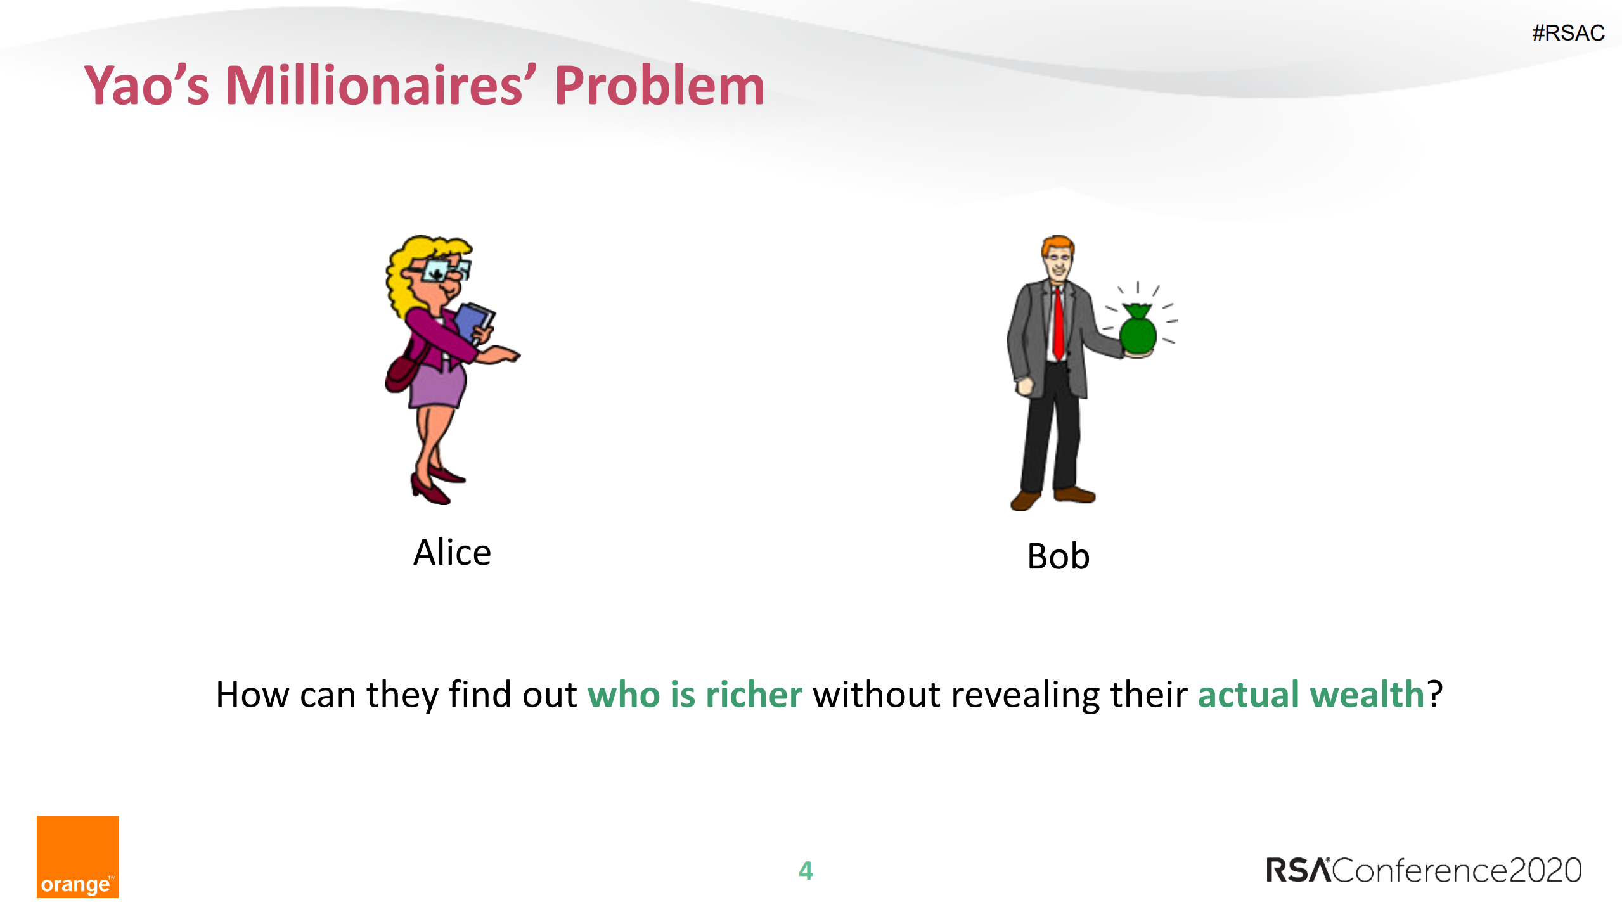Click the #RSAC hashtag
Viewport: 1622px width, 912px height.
coord(1568,33)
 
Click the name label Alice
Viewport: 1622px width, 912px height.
coord(452,552)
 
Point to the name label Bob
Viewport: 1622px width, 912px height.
coord(1058,556)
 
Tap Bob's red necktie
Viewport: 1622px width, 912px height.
coord(1058,323)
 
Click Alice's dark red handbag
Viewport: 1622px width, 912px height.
coord(400,374)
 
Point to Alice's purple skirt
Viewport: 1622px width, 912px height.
coord(438,384)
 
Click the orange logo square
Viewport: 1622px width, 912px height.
coord(77,857)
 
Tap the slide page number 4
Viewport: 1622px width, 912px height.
coord(806,870)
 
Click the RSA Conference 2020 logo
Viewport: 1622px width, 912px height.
coord(1424,870)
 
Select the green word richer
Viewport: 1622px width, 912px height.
coord(754,695)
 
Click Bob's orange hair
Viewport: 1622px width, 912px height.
coord(1057,244)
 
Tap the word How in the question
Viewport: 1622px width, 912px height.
coord(252,695)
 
